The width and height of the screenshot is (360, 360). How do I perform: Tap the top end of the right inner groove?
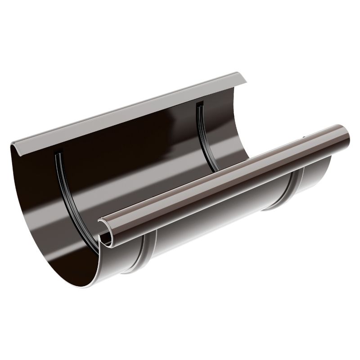coord(198,105)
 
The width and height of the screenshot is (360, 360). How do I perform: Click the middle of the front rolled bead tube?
coord(225,178)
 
